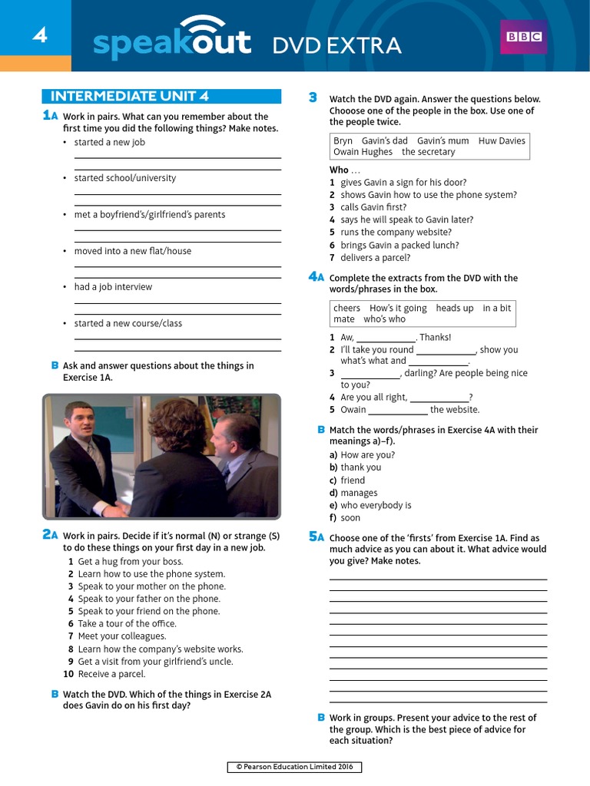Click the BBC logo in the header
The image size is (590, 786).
point(524,37)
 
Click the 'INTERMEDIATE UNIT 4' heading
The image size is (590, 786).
point(129,96)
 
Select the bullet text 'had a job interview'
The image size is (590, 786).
point(113,287)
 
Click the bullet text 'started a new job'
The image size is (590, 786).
point(109,142)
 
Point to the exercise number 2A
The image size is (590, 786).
point(50,535)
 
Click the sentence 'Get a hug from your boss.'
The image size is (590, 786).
point(131,561)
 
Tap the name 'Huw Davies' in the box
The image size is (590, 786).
point(502,140)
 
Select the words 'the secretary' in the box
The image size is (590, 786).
point(428,152)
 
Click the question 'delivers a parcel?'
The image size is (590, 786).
point(379,258)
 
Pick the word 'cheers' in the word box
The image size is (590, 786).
point(346,308)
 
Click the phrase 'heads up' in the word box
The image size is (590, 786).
point(455,308)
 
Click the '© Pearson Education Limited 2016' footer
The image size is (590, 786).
point(295,767)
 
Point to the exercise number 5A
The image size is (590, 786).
point(317,537)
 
